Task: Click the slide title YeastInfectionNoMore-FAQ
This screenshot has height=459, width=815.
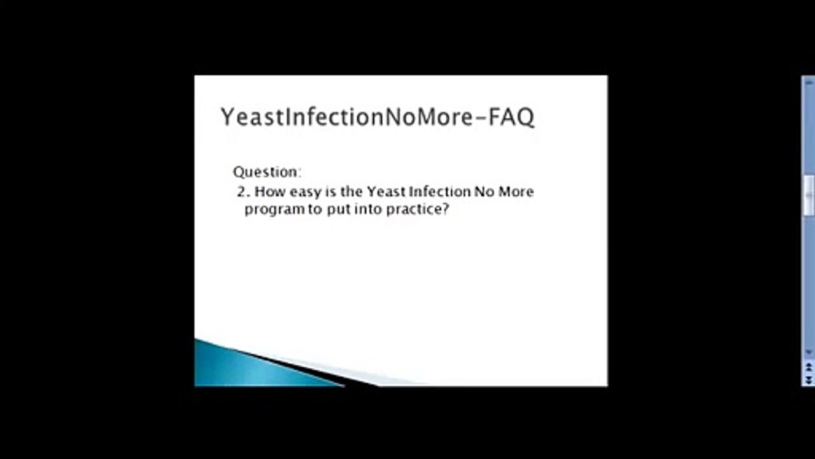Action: pos(377,117)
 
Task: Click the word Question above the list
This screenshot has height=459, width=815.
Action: pos(265,172)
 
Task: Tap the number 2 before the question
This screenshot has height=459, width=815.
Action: pos(241,192)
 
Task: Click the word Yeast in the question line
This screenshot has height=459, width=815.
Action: pos(386,192)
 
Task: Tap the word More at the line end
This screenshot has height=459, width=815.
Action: pos(516,192)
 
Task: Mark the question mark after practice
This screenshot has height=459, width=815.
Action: pos(445,210)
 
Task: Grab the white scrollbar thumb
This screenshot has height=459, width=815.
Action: pos(809,195)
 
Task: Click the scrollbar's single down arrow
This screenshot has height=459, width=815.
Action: pos(809,352)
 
